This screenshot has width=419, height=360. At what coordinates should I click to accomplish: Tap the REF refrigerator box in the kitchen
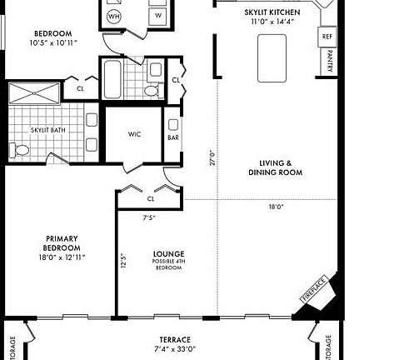(x=327, y=37)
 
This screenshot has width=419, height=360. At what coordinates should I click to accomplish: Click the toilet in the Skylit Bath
(x=20, y=150)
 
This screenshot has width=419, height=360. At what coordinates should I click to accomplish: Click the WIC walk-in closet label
(x=135, y=134)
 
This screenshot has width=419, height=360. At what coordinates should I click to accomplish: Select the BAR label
(x=173, y=137)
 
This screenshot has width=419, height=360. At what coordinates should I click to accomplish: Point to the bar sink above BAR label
(x=173, y=120)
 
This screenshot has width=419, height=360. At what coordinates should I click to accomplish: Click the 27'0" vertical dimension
(x=212, y=157)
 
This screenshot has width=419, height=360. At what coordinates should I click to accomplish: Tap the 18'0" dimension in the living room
(x=277, y=207)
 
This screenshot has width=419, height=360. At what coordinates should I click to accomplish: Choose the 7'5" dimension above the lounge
(x=149, y=217)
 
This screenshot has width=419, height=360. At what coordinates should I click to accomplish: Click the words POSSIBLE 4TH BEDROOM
(x=167, y=267)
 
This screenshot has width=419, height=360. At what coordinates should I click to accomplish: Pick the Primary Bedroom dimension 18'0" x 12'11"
(x=62, y=257)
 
